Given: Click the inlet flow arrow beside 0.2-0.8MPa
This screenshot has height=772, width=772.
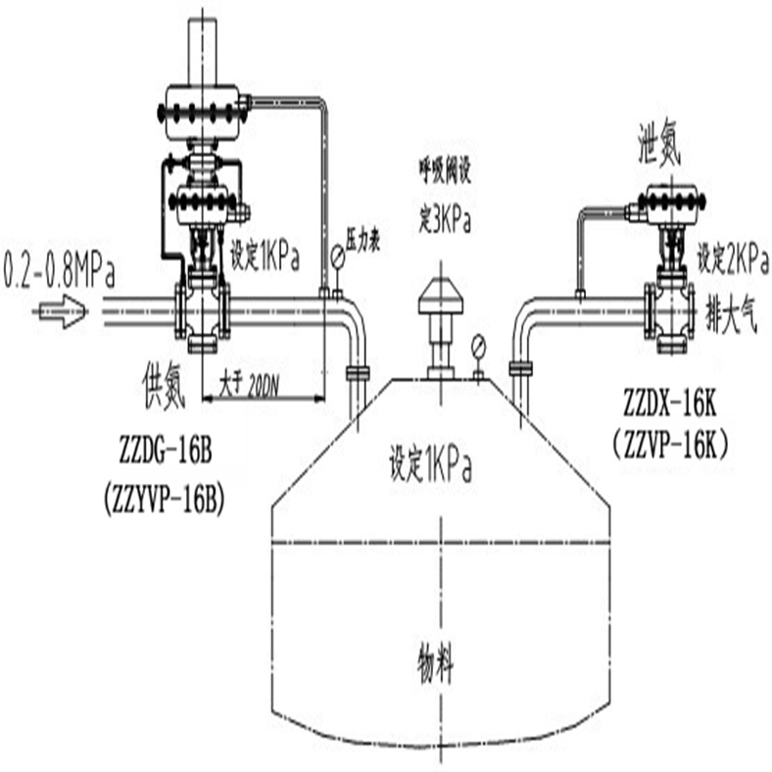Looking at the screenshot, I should coord(60,312).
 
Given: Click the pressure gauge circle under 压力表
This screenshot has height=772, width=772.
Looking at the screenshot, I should coord(338,258).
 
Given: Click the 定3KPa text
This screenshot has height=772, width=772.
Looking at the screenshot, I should coord(446,220).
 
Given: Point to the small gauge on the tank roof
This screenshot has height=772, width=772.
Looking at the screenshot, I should coord(477,347).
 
